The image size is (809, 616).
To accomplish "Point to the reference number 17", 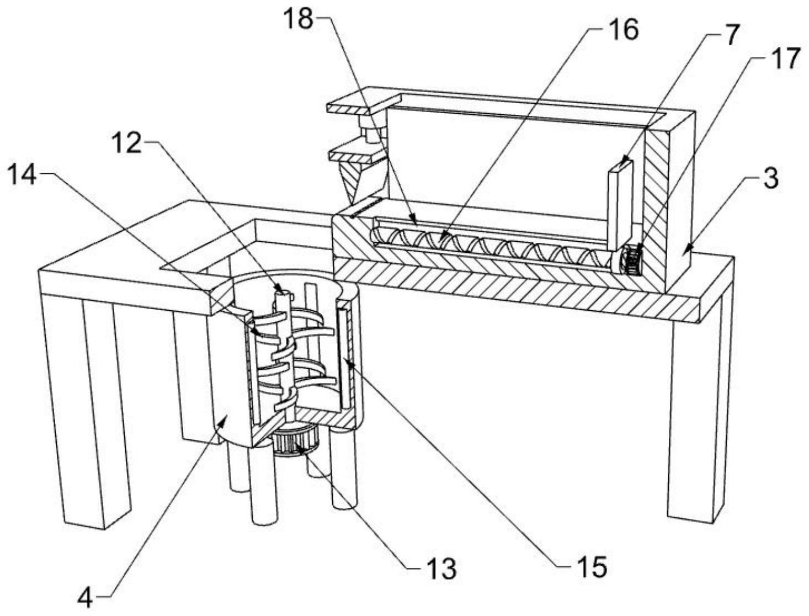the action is [x=785, y=59].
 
